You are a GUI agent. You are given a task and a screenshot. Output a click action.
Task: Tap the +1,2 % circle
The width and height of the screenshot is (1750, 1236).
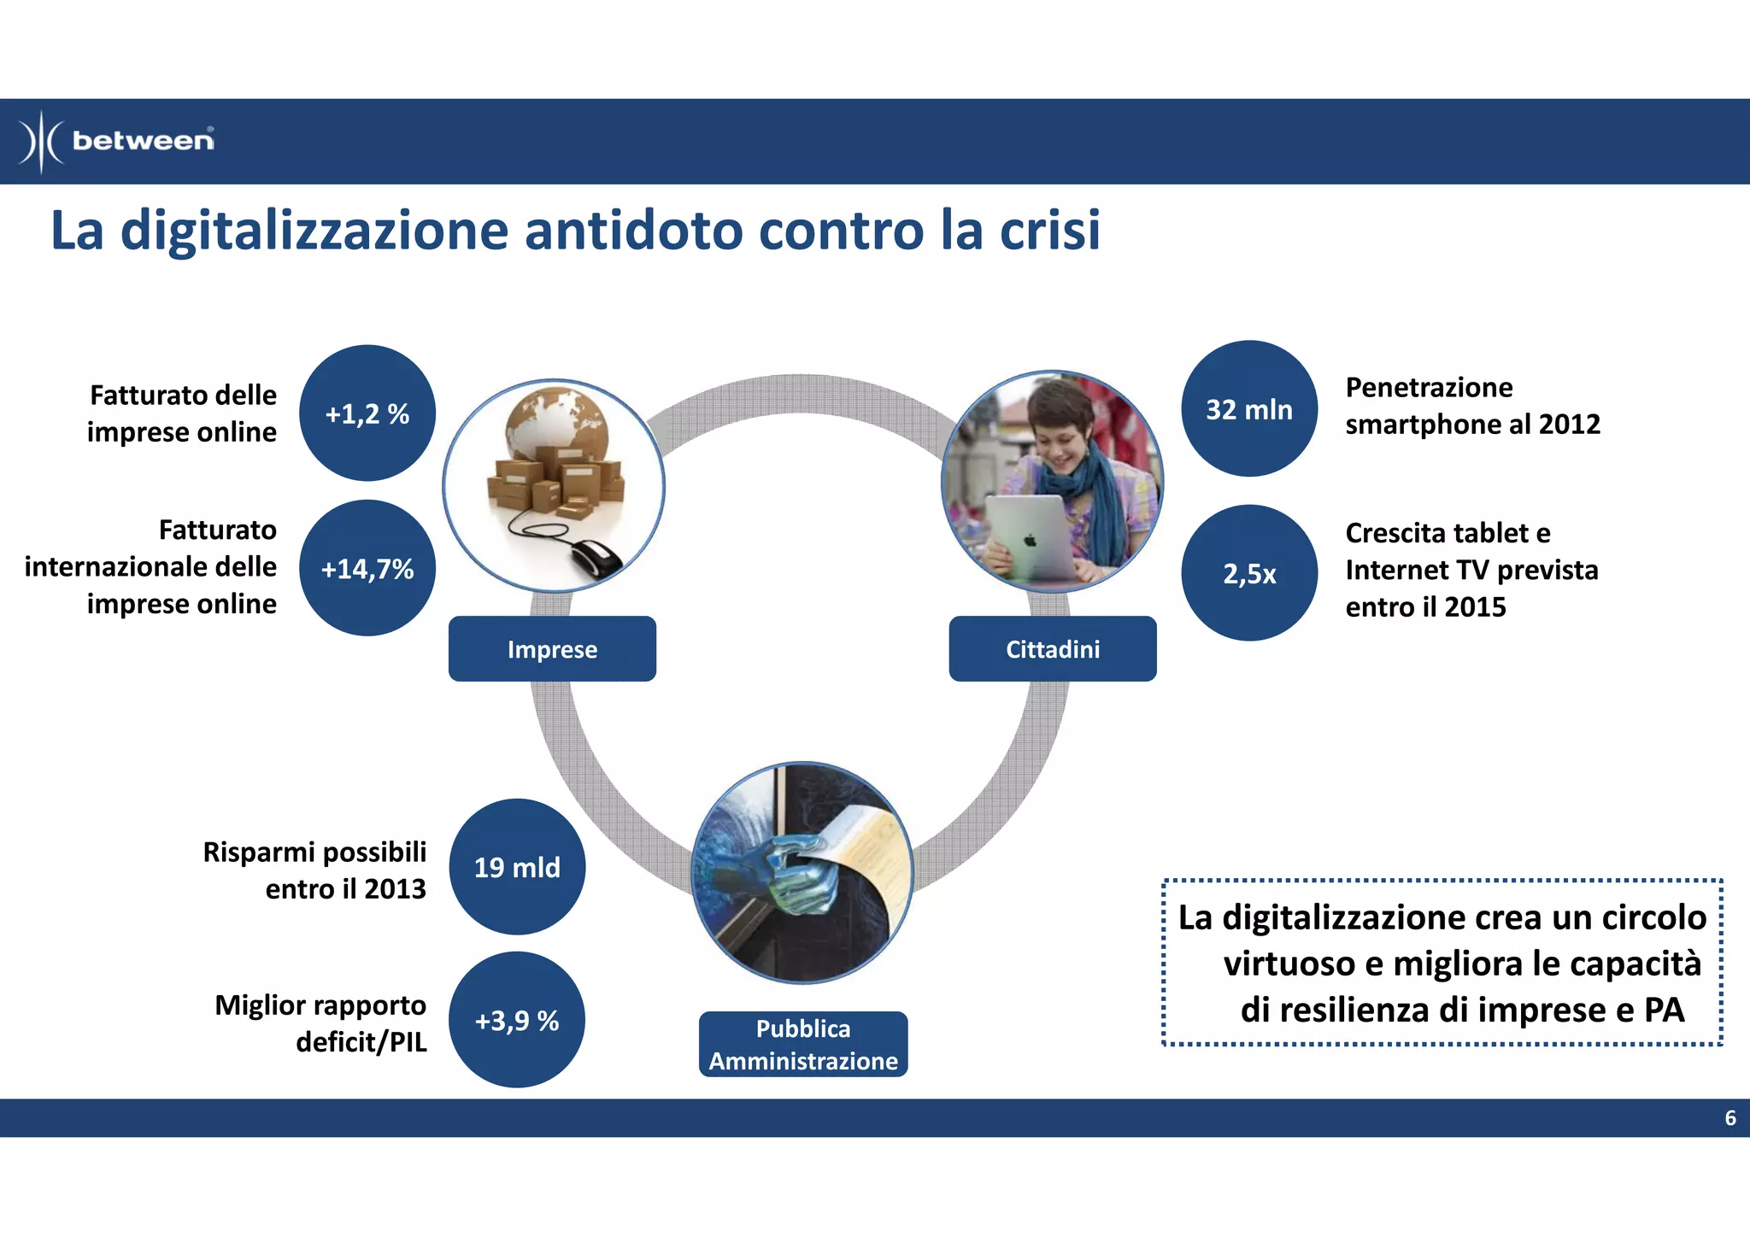(367, 413)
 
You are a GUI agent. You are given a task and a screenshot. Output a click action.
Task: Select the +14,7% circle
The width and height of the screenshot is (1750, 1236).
(367, 568)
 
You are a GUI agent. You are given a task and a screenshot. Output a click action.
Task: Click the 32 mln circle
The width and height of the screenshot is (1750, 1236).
(1248, 409)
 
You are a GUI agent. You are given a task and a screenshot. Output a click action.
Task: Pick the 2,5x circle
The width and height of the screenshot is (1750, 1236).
(1248, 573)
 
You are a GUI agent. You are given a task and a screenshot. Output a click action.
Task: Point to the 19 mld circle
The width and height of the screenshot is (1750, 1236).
(517, 867)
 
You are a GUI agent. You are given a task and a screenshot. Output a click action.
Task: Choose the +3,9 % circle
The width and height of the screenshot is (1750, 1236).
(517, 1020)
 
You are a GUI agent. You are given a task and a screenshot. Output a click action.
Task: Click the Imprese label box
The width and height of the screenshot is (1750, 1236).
(552, 649)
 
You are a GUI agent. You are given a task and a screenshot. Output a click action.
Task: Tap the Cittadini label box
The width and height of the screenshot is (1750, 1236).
(1052, 649)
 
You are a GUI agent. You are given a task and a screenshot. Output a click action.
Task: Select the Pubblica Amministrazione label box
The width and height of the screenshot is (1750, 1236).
(802, 1044)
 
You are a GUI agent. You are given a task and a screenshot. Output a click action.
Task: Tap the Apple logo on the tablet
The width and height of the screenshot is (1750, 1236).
(1030, 541)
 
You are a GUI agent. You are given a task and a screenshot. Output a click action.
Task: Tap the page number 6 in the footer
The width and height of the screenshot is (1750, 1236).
(1729, 1118)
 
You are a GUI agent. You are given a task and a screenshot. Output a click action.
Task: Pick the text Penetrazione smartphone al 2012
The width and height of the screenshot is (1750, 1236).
(1471, 406)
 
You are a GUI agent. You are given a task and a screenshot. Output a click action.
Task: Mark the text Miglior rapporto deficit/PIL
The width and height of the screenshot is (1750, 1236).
(320, 1023)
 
